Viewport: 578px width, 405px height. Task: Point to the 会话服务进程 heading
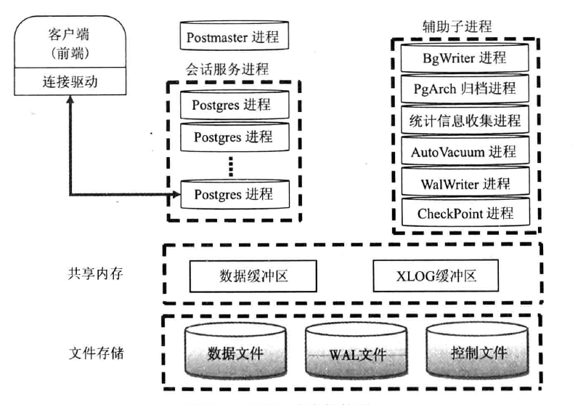(227, 70)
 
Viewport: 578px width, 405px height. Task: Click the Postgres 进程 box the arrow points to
(232, 194)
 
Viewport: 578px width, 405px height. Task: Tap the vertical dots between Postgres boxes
(230, 167)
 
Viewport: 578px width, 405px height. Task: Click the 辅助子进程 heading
(457, 26)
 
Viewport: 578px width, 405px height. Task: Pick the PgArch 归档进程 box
(465, 89)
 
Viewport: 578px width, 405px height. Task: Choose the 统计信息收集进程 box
(465, 120)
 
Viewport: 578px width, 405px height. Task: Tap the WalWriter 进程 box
(465, 183)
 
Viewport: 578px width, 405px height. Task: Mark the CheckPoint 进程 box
(465, 213)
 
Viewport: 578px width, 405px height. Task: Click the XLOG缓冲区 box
(436, 276)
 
